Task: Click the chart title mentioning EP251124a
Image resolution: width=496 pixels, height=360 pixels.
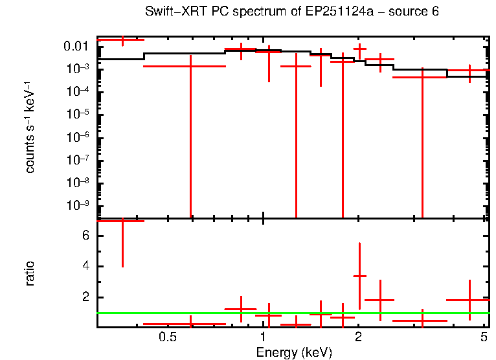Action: click(292, 12)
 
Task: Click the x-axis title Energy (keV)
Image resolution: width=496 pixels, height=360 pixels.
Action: click(294, 352)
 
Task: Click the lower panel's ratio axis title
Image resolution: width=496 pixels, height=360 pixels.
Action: click(30, 273)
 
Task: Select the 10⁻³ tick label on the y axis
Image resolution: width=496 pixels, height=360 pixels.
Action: click(78, 69)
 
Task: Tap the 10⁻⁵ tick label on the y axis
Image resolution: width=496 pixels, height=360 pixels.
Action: click(78, 115)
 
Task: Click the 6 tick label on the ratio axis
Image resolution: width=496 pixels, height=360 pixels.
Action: click(84, 236)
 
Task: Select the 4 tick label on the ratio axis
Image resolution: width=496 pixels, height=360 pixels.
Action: click(84, 267)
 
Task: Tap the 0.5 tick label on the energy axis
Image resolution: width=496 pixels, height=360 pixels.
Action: click(168, 337)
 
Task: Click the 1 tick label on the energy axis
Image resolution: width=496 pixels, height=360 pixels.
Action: click(263, 337)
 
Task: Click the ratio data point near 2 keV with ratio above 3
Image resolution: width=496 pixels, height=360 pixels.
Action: click(359, 276)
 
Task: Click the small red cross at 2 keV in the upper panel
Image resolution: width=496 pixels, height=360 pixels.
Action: click(359, 49)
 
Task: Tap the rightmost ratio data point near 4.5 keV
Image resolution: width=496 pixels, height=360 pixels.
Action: click(469, 300)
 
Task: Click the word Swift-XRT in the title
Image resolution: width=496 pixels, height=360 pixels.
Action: click(171, 12)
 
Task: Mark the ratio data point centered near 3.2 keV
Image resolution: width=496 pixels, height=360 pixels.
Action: click(422, 321)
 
